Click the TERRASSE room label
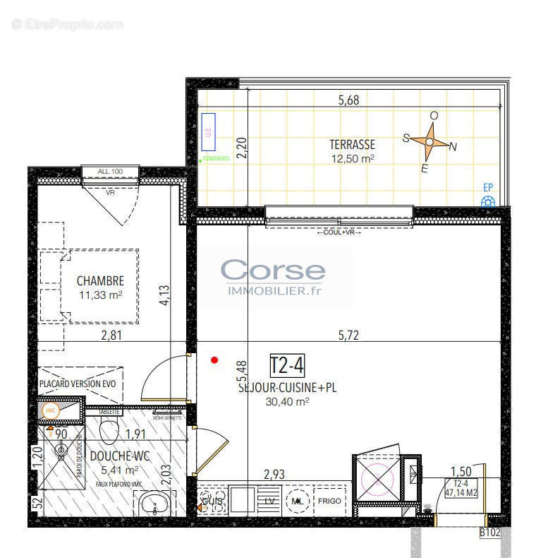(x=352, y=145)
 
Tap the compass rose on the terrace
(x=430, y=142)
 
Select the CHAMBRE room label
(x=100, y=280)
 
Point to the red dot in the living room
(x=215, y=360)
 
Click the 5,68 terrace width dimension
(x=348, y=100)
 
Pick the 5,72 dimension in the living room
(x=348, y=336)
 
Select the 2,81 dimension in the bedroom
(x=111, y=336)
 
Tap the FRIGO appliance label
(x=329, y=501)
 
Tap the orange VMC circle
(x=50, y=410)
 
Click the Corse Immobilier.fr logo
(x=274, y=277)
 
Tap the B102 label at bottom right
(x=489, y=533)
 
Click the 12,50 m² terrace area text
(x=352, y=159)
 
